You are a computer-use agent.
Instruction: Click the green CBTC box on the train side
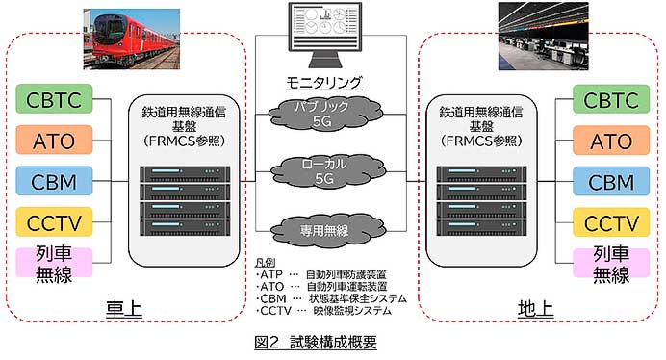tap(54, 99)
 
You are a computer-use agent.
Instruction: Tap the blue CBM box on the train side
tap(54, 181)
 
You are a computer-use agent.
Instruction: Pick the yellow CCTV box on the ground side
tap(610, 222)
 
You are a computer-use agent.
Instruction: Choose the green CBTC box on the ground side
tap(610, 99)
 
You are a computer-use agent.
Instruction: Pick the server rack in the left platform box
tap(187, 201)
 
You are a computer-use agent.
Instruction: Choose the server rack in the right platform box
tap(477, 201)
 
